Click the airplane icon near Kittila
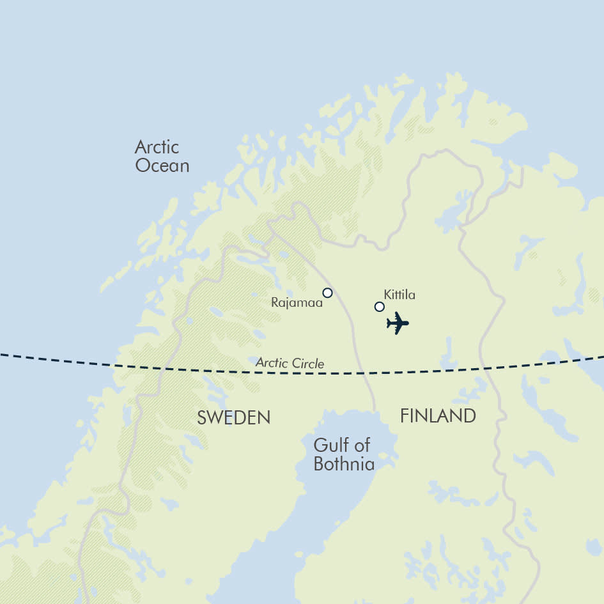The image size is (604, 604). [x=397, y=323]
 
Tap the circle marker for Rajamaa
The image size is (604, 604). [x=327, y=293]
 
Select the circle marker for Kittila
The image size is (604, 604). [x=379, y=307]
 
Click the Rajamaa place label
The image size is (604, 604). [x=297, y=302]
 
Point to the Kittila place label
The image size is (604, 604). [x=399, y=295]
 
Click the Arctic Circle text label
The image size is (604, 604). [x=290, y=363]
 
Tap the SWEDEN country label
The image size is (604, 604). [x=233, y=417]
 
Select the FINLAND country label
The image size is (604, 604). [x=438, y=416]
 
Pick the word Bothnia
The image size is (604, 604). [x=344, y=463]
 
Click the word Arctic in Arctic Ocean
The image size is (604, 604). [x=157, y=147]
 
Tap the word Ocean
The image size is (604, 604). [x=162, y=166]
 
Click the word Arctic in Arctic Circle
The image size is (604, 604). [x=270, y=362]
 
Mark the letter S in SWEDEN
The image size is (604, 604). [x=201, y=417]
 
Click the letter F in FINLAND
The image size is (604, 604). [x=405, y=416]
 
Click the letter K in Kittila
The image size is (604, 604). [x=387, y=295]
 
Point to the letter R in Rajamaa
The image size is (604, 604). [x=275, y=302]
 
